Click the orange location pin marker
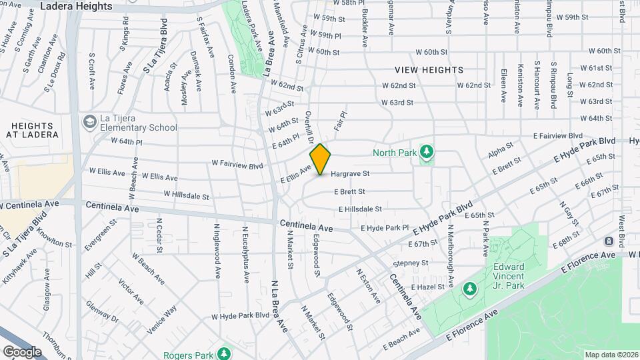click(321, 159)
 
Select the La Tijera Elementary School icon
click(89, 122)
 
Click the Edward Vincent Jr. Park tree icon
click(470, 288)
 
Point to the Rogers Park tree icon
click(225, 352)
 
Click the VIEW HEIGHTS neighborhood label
click(429, 70)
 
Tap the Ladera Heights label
click(76, 6)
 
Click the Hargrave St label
click(350, 173)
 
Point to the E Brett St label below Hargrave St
click(349, 191)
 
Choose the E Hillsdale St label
click(360, 209)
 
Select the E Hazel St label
click(427, 286)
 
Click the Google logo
click(21, 351)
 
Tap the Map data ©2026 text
click(610, 354)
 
